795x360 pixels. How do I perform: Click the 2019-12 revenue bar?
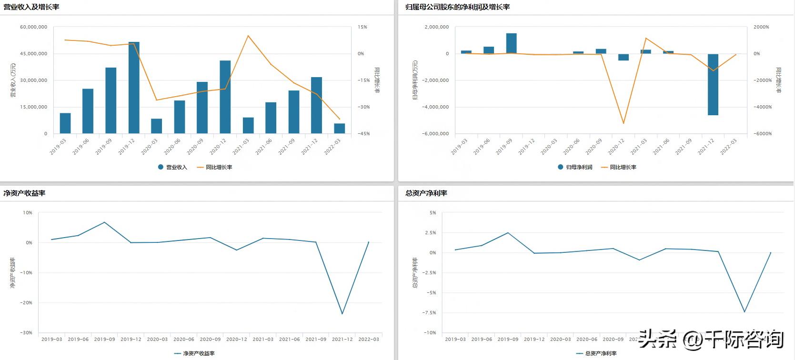click(x=134, y=88)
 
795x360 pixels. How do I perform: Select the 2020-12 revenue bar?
click(x=225, y=97)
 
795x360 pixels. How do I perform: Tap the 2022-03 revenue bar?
click(x=340, y=129)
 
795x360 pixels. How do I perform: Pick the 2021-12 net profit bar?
click(x=713, y=84)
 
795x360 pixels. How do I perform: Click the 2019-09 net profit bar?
click(x=511, y=43)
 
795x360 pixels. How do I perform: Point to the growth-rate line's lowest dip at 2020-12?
click(x=624, y=123)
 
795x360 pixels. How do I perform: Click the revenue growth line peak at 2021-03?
click(x=248, y=36)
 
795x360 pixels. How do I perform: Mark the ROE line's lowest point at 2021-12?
click(x=342, y=313)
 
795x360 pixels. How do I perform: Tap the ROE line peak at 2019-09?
click(x=105, y=222)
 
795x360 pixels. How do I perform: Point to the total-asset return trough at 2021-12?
click(x=744, y=312)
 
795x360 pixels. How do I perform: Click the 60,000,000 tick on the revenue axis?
click(x=34, y=27)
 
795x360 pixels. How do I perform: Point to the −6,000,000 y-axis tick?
click(x=435, y=134)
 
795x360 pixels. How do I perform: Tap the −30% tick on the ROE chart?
click(x=26, y=333)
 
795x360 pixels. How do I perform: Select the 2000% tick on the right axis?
click(x=761, y=27)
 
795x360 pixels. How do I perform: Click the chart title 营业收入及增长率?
click(x=31, y=7)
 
